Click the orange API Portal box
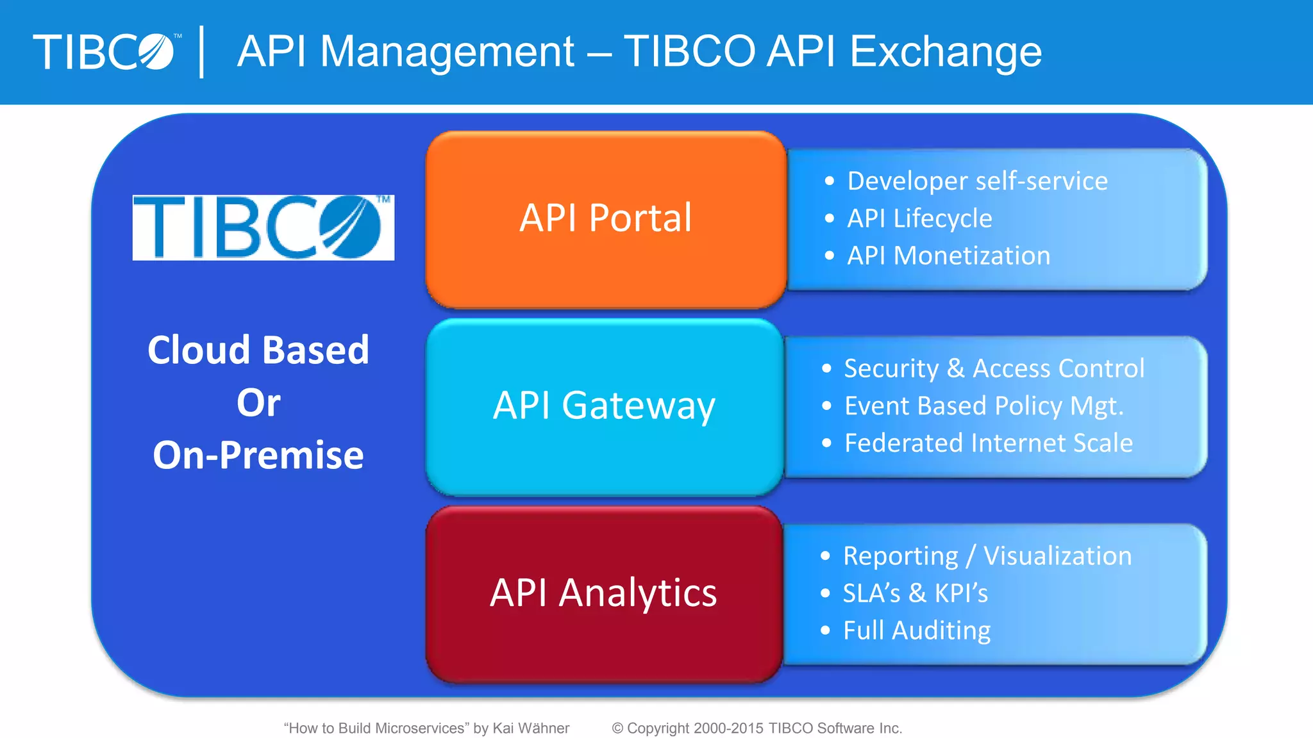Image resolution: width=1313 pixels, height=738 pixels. coord(606,219)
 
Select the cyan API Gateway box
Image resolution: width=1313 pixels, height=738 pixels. coord(604,407)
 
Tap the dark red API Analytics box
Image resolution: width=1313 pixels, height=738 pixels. coord(603,593)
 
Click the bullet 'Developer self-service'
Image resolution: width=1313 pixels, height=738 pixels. coord(977,181)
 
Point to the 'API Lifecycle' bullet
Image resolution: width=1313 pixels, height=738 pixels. coord(919,218)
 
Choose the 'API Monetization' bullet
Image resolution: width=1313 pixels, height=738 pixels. coord(949,256)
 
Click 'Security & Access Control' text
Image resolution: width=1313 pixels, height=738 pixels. coord(994,368)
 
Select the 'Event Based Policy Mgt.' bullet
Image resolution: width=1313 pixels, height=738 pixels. coord(983,406)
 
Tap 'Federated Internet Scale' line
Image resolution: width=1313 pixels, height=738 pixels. coord(988,443)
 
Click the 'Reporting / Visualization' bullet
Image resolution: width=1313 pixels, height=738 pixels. coord(987,556)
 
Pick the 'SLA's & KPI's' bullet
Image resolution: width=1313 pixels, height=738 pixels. coord(915,593)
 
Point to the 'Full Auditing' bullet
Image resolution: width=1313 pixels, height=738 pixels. coord(916,630)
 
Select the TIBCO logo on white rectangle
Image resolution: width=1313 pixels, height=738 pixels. coord(263,227)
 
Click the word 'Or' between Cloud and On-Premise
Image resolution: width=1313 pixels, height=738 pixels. coord(258,403)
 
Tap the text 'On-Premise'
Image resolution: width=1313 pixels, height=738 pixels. coord(258,455)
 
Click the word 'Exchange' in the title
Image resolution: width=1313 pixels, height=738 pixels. coord(945,52)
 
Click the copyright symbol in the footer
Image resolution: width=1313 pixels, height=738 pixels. coord(617,728)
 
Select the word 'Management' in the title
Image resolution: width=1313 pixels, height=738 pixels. coord(447,52)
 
